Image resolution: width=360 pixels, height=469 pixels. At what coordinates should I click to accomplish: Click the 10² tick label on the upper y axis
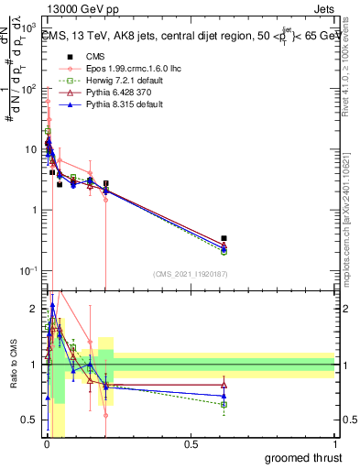click(x=29, y=90)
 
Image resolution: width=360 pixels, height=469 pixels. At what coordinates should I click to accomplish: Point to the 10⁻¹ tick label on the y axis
click(x=28, y=270)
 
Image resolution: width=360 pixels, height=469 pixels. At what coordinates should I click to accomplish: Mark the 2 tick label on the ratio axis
click(x=33, y=309)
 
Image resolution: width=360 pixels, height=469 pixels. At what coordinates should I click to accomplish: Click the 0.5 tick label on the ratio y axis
click(x=30, y=420)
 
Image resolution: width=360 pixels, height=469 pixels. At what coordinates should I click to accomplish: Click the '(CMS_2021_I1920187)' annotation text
click(x=190, y=273)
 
